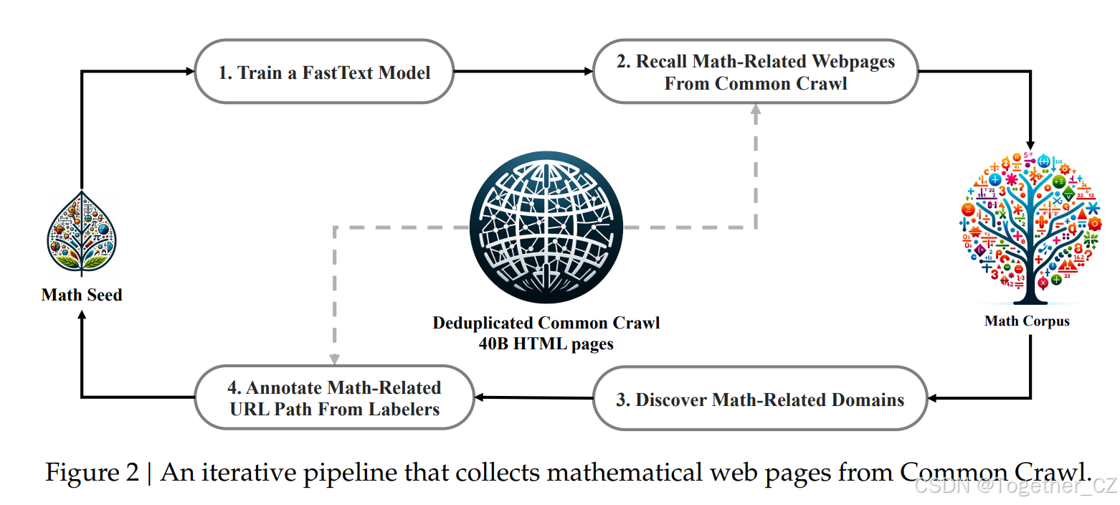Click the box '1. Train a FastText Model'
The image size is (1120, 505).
coord(324,72)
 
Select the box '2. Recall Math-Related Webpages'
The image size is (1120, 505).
coord(755,72)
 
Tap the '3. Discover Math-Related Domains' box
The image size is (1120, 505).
coord(760,399)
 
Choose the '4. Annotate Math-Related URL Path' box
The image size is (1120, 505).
coord(334,398)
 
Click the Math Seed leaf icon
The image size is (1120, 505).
coord(82,233)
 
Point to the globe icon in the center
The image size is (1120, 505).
coord(546,227)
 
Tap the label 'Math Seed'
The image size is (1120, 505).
coord(82,295)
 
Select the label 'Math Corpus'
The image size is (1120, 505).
coord(1027,321)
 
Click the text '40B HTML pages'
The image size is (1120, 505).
coord(546,344)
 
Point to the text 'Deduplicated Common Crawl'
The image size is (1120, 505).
coord(546,323)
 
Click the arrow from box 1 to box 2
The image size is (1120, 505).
coord(523,71)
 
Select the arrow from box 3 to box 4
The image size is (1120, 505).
coord(534,397)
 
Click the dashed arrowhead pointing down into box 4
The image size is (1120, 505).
coord(334,359)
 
